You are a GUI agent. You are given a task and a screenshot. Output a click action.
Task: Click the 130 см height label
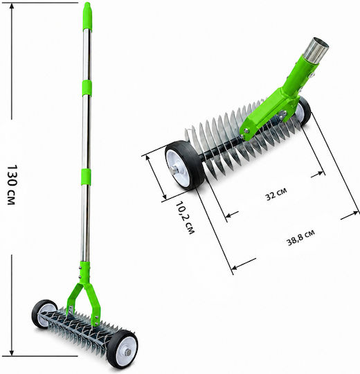tap(11, 185)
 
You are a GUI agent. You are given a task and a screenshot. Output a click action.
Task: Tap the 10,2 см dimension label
tap(186, 217)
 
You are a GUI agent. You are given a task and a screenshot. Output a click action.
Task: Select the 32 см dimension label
tap(276, 193)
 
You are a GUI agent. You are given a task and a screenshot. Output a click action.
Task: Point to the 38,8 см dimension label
tap(300, 238)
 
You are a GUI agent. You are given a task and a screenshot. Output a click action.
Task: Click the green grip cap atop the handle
tap(87, 17)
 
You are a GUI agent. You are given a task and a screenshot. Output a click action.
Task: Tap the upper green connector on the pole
tap(87, 88)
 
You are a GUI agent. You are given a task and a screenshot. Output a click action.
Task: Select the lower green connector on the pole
tap(86, 177)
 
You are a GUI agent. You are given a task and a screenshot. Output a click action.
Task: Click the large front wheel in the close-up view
tap(184, 166)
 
